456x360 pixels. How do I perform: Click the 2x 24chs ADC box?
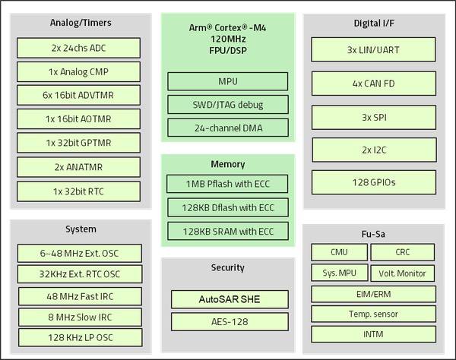(79, 48)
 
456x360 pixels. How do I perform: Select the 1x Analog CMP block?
(79, 71)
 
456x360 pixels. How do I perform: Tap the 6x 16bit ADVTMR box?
(79, 95)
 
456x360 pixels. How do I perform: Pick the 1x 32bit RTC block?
(79, 191)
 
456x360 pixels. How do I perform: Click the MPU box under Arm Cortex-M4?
(227, 81)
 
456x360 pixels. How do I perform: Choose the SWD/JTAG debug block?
(227, 103)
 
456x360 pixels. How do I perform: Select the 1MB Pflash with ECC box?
(227, 184)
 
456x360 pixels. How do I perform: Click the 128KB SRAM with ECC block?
(227, 231)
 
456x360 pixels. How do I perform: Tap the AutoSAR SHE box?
(227, 298)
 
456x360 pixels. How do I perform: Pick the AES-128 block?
(227, 321)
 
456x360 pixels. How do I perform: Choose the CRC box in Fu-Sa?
(403, 251)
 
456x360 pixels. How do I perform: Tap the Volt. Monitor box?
(403, 273)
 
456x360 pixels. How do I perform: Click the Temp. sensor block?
(373, 313)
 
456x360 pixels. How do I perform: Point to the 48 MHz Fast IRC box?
(80, 295)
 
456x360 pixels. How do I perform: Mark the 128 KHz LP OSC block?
(80, 336)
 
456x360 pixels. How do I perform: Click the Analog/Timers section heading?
(79, 24)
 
